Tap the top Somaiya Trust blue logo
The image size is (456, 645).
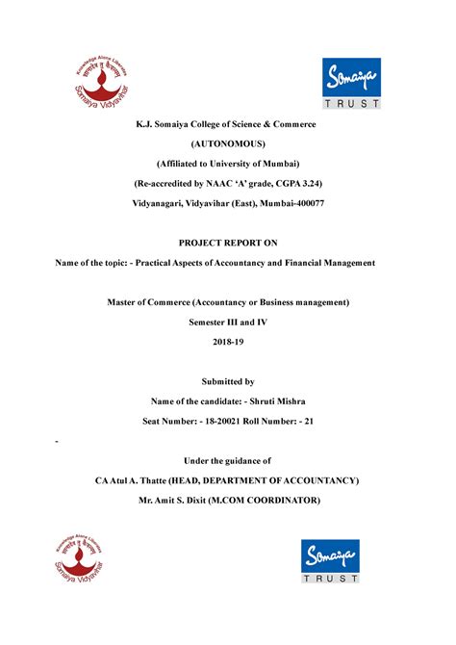coord(351,83)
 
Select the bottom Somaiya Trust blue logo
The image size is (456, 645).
coord(331,561)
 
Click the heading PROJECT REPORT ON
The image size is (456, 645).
coord(228,243)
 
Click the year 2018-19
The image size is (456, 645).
coord(228,342)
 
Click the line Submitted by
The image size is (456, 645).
coord(228,381)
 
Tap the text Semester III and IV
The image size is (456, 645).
coord(228,322)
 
